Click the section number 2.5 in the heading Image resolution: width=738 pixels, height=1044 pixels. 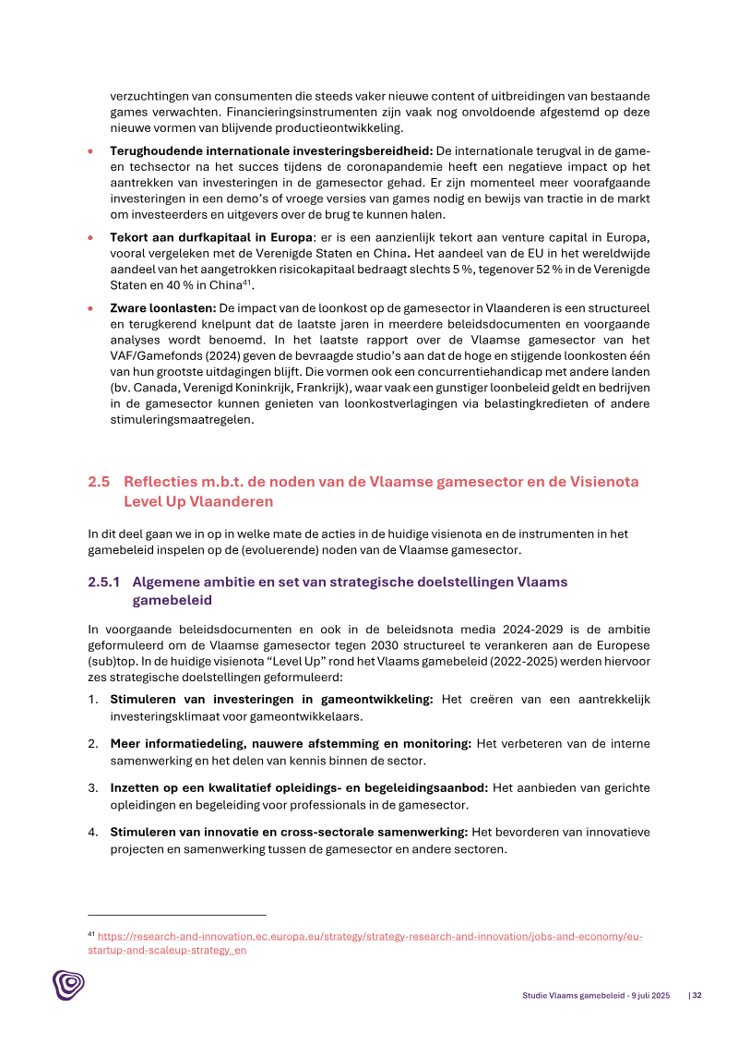click(99, 482)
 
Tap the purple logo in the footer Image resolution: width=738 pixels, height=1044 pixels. click(67, 984)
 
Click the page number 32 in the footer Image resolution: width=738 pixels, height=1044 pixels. click(696, 996)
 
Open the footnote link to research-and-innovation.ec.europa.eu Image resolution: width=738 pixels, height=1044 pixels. click(369, 936)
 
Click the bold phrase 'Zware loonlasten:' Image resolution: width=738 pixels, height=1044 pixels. click(162, 306)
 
